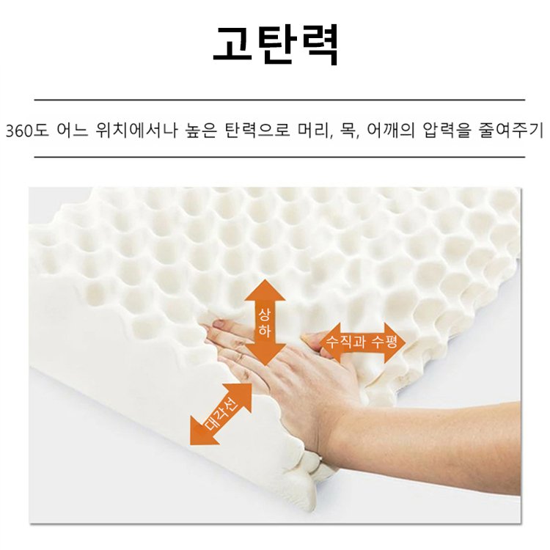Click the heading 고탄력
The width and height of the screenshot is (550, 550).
click(x=275, y=45)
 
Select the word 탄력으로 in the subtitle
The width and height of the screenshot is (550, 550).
click(x=258, y=131)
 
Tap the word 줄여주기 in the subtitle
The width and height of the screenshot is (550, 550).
click(x=514, y=131)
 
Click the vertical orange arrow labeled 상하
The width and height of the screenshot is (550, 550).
click(x=265, y=323)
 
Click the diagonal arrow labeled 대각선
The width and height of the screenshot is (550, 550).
click(x=221, y=414)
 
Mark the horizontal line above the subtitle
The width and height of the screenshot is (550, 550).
click(x=279, y=99)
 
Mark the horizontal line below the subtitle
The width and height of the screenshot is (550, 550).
click(x=279, y=157)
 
